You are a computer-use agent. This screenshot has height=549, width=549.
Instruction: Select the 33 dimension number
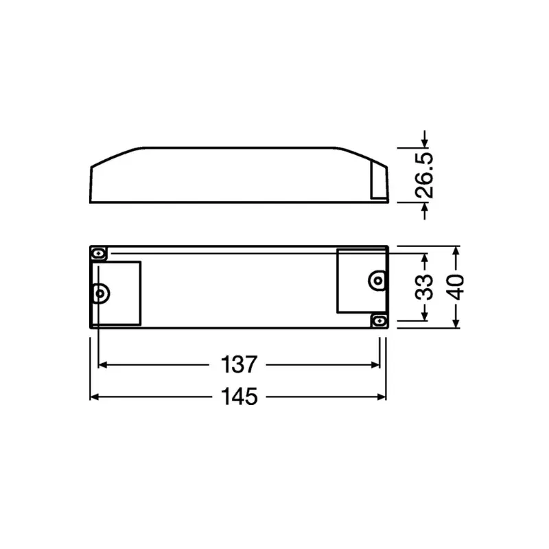tap(425, 287)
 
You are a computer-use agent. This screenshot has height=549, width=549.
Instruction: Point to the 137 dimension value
tap(239, 365)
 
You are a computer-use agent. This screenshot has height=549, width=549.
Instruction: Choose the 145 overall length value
tap(239, 397)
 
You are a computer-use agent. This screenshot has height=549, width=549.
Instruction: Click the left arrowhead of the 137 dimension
tap(103, 365)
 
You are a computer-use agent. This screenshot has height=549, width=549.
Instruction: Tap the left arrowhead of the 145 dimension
tap(95, 397)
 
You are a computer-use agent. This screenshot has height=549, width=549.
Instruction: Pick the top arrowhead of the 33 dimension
tap(425, 259)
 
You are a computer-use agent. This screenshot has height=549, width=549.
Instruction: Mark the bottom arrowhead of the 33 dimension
tap(425, 315)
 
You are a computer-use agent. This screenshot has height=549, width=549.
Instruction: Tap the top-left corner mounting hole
tap(99, 254)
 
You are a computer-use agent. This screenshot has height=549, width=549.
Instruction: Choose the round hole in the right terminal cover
tap(377, 279)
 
